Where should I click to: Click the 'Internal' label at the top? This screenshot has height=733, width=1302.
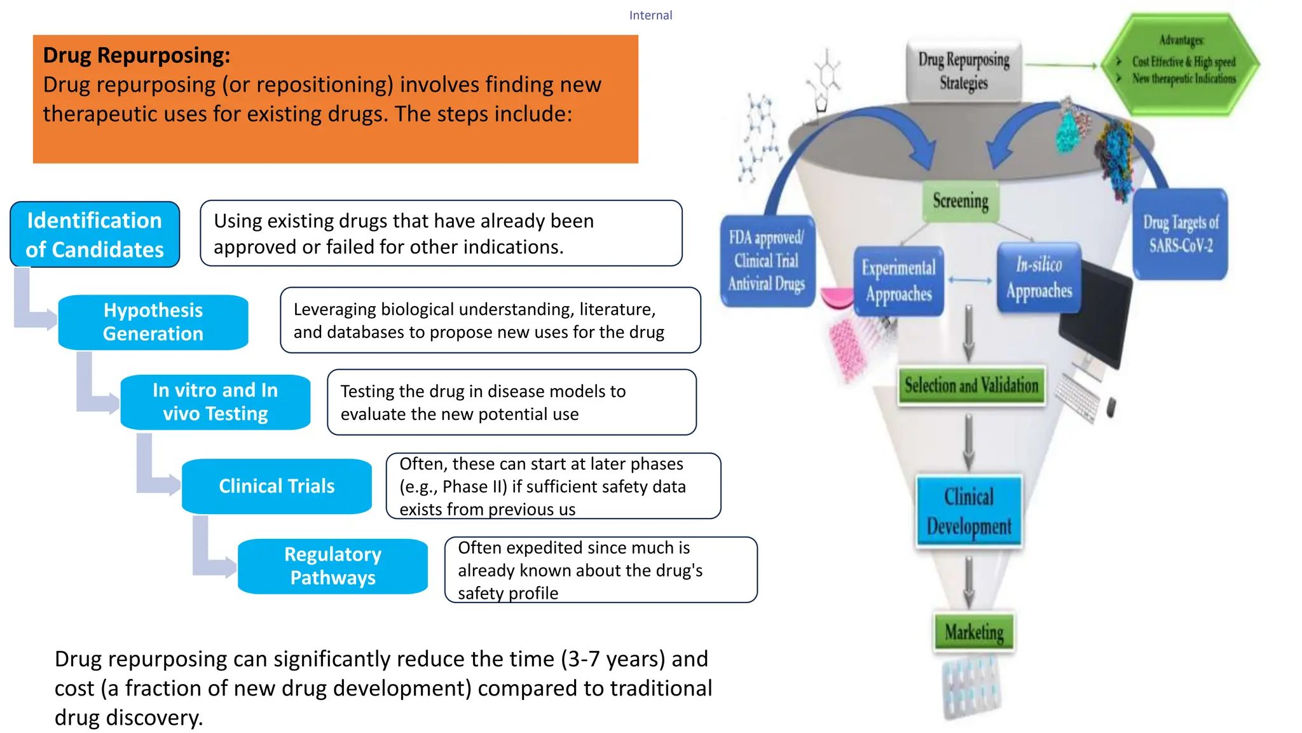(650, 15)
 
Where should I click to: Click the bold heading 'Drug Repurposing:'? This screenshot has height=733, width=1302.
(136, 55)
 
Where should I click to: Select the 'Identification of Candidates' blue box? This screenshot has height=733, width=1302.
(95, 235)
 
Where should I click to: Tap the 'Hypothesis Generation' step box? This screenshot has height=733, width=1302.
(153, 322)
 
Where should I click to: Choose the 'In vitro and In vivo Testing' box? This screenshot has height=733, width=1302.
(216, 402)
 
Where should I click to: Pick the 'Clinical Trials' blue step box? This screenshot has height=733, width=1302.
(277, 486)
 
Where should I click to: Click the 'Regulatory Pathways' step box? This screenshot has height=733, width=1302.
(332, 566)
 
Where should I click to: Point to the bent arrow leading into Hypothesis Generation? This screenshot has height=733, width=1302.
(32, 305)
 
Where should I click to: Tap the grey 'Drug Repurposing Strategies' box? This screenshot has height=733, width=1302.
(964, 71)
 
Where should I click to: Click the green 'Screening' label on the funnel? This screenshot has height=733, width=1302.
(961, 201)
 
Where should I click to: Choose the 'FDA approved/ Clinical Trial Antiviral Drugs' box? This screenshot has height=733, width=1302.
(767, 261)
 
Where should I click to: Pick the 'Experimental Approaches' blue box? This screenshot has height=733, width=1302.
(899, 281)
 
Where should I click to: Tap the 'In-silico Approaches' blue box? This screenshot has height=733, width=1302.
(1039, 277)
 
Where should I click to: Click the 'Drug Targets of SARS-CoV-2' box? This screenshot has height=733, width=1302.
(1181, 234)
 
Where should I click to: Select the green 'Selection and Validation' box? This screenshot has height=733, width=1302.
(971, 386)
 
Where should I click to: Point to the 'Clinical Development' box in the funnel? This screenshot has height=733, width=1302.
(969, 512)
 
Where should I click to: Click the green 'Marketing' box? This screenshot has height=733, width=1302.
(974, 632)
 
